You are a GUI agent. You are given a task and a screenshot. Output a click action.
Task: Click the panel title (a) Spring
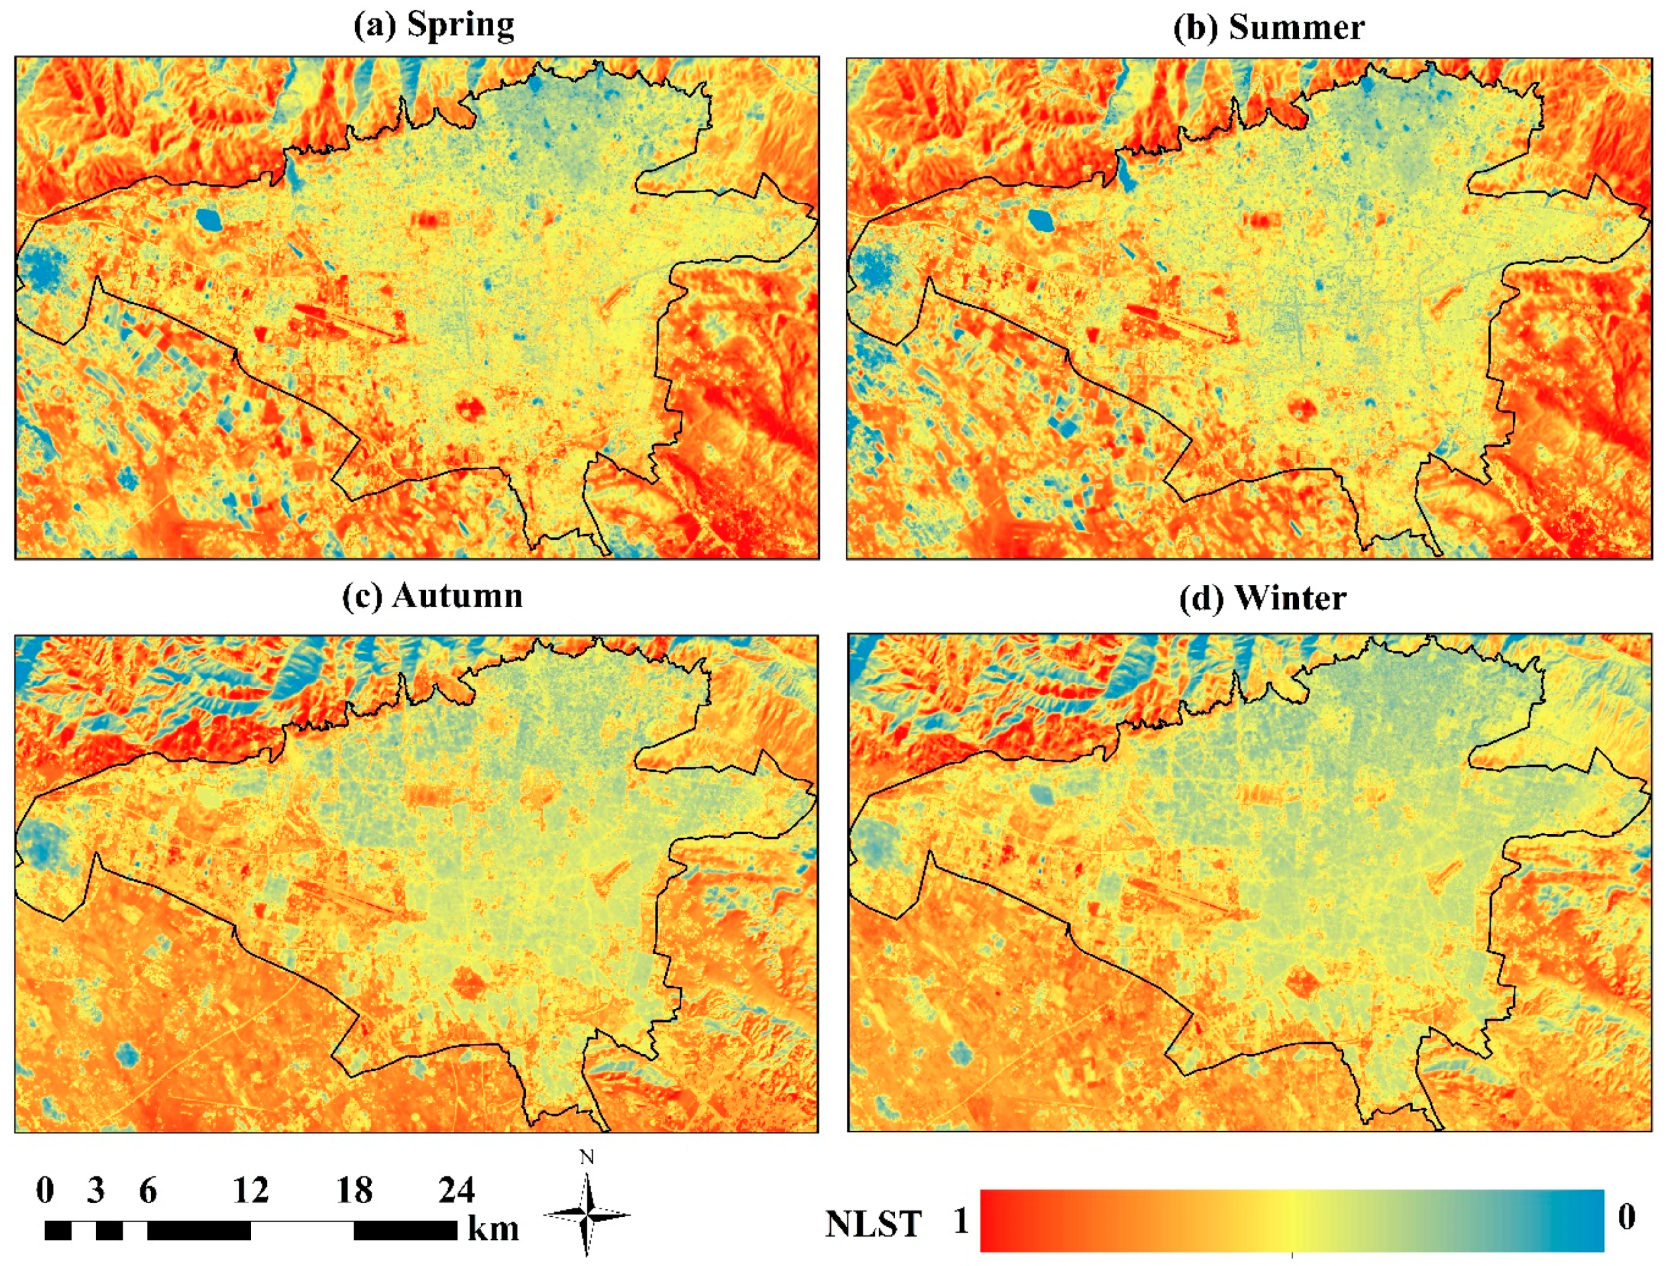point(434,26)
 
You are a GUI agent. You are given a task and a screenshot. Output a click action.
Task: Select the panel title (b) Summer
point(1268,28)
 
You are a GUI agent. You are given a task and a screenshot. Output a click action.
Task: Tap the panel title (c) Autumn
point(432,596)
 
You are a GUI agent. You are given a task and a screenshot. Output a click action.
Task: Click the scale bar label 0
point(44,1190)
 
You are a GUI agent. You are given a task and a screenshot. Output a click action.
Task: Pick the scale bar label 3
point(95,1190)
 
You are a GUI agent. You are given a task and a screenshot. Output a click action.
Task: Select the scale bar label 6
point(148,1190)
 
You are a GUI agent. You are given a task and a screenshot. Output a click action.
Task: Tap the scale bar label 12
point(250,1190)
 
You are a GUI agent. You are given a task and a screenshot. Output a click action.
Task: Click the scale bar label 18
point(354,1190)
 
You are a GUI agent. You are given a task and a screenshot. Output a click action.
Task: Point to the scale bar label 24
point(457,1190)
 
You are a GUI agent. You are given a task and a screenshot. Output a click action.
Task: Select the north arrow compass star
point(587,1215)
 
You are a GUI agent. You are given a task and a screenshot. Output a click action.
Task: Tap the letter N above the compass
point(587,1157)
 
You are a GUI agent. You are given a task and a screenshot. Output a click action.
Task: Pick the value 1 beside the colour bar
point(960,1222)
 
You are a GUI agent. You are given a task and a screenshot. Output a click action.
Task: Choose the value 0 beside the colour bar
point(1627,1216)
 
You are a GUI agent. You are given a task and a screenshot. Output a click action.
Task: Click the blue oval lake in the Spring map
point(208,219)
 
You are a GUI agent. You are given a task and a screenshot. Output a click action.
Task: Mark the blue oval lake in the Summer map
point(1040,220)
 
